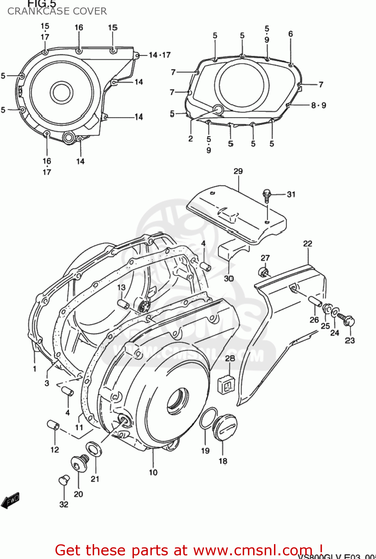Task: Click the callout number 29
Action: click(x=238, y=171)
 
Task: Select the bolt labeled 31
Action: click(x=267, y=195)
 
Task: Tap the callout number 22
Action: click(x=308, y=243)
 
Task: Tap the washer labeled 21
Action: click(x=94, y=449)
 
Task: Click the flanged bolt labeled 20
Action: click(x=80, y=464)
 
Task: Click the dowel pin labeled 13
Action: click(x=123, y=304)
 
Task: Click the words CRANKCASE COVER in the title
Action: click(x=57, y=11)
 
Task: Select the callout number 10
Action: click(x=153, y=473)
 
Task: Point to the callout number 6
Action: click(x=290, y=34)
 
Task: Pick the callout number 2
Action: click(x=191, y=139)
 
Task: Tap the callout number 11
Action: click(x=79, y=427)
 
